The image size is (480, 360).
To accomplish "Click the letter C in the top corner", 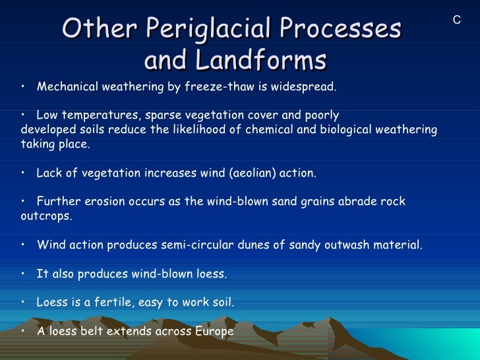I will [x=456, y=20].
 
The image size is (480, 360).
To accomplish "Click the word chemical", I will [x=269, y=129].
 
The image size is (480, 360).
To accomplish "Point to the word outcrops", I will [x=45, y=216].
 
